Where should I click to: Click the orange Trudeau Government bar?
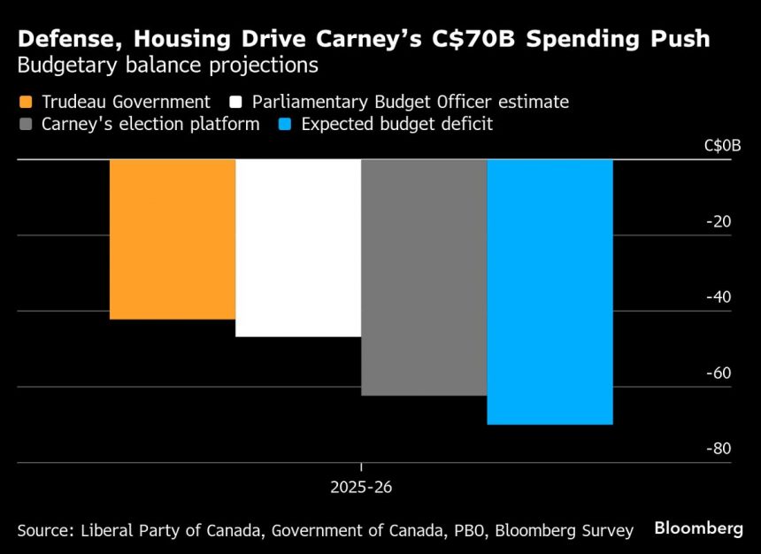coord(173,239)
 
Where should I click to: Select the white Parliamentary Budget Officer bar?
coord(298,248)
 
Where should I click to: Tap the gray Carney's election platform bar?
coord(424,277)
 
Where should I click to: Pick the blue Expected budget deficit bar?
coord(550,292)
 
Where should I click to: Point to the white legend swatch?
coord(236,102)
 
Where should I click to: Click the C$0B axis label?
coord(722,145)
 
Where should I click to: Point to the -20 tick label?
coord(718,221)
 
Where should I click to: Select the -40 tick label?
coord(718,296)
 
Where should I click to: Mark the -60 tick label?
coord(718,373)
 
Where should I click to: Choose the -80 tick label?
coord(718,448)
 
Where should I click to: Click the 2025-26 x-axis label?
coord(361,488)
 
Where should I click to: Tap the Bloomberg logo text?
coord(698,528)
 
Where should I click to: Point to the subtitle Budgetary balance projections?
coord(167,66)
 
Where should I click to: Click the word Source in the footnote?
coord(43,530)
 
